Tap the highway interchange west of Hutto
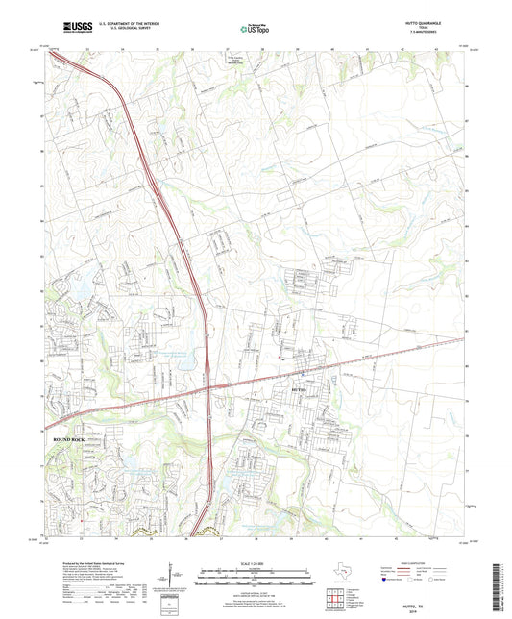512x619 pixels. (x=208, y=385)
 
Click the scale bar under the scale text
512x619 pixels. (x=256, y=580)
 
